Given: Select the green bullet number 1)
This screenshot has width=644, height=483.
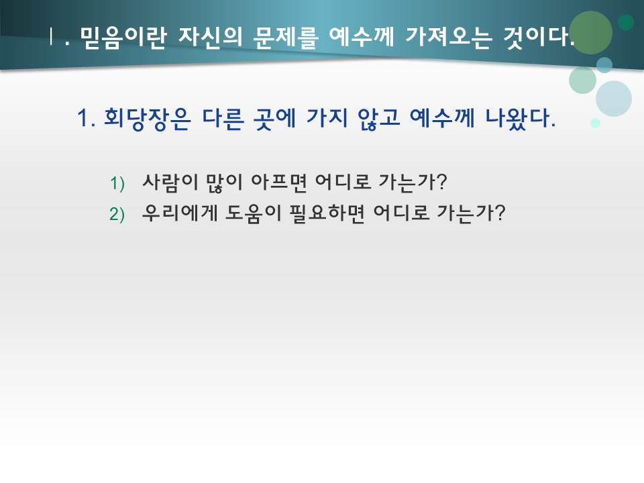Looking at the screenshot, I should (x=117, y=182).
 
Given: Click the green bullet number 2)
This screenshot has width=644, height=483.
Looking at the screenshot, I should (x=117, y=215).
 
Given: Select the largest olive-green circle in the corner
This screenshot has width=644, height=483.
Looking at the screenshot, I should (x=590, y=32).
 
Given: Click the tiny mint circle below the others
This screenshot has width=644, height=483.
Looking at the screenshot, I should (x=595, y=123).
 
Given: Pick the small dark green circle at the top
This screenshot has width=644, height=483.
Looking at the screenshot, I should (x=626, y=22).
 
